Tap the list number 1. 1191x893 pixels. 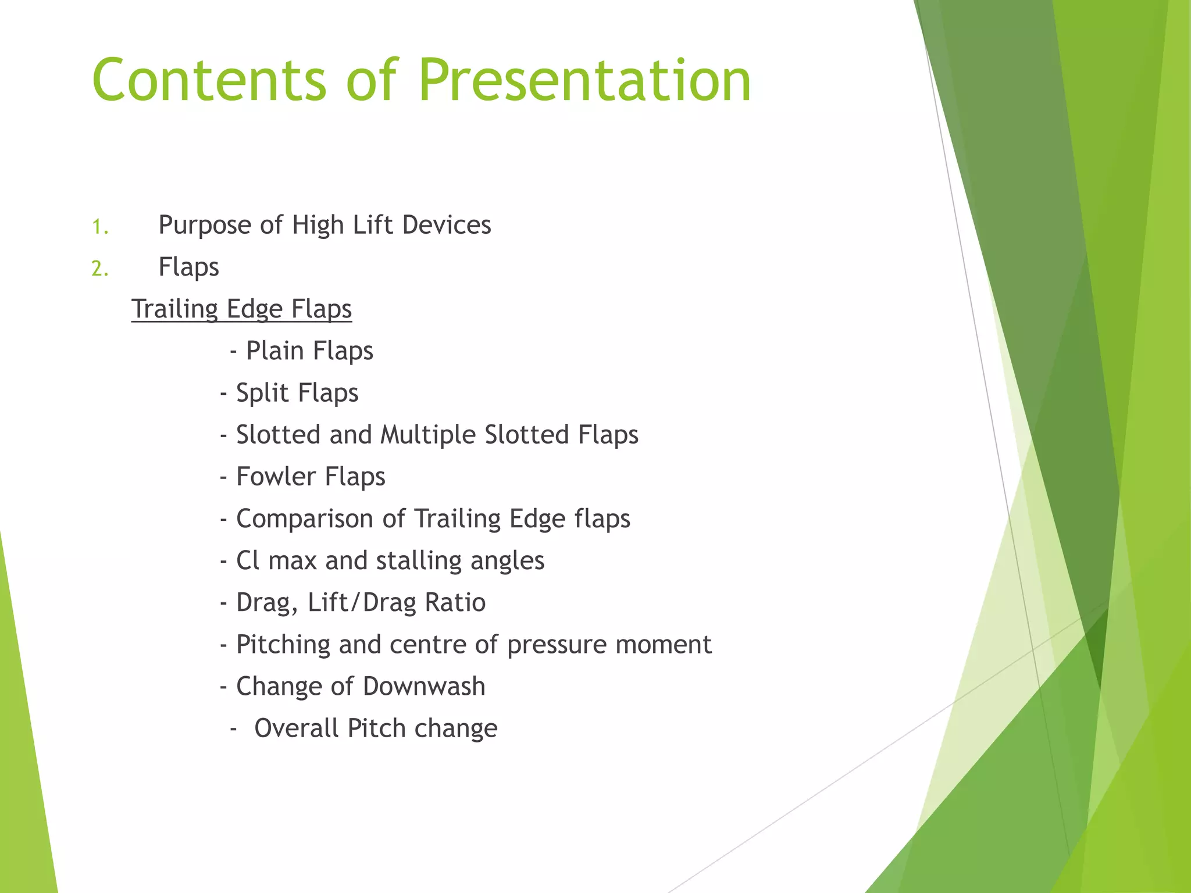[100, 226]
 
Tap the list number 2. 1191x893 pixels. [100, 269]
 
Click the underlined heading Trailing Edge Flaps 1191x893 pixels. [241, 309]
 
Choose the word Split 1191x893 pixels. [262, 393]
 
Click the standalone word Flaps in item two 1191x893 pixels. [188, 267]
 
